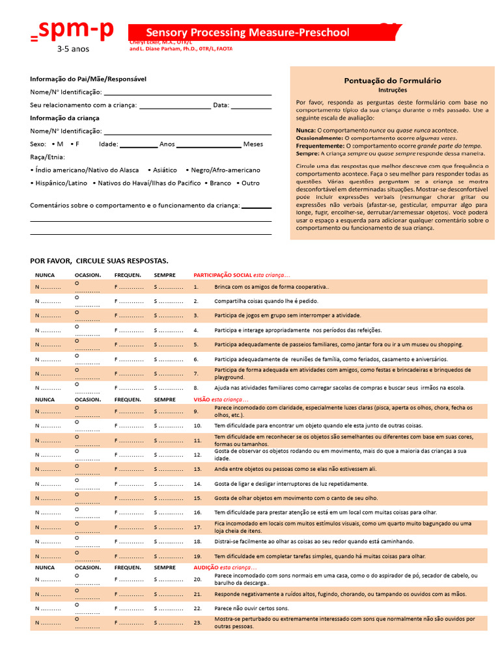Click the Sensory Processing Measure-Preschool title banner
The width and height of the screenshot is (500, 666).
click(247, 33)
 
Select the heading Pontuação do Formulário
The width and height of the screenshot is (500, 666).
click(392, 81)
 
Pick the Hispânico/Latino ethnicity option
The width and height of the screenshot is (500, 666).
click(59, 183)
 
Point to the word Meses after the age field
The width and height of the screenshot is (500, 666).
click(253, 144)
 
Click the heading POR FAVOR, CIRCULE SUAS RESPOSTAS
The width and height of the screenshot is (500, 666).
click(99, 260)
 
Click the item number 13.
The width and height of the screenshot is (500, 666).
click(197, 469)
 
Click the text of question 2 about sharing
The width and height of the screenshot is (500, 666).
click(266, 302)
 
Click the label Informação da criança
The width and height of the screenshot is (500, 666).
click(64, 118)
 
